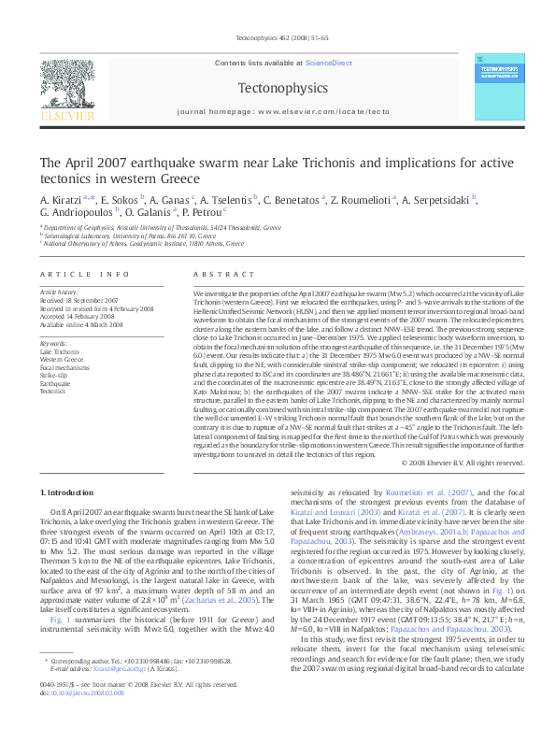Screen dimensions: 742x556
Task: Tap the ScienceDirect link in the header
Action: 329,62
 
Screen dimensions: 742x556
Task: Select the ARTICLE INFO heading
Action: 84,274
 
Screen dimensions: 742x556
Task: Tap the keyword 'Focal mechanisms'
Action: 62,368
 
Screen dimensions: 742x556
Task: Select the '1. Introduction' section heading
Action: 70,492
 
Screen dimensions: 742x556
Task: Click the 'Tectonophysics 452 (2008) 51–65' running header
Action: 278,38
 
